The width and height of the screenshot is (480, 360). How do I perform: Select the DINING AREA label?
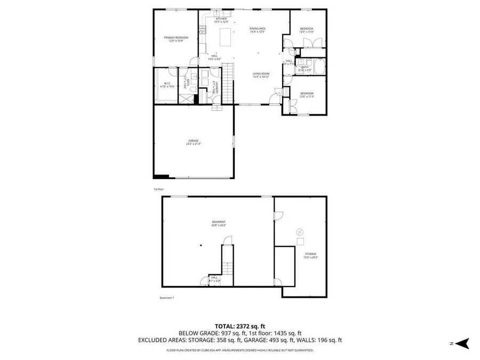pyautogui.click(x=258, y=30)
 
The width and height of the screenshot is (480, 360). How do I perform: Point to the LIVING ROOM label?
pyautogui.click(x=261, y=75)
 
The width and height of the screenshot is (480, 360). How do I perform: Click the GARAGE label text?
pyautogui.click(x=193, y=142)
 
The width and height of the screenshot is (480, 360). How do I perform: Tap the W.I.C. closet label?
pyautogui.click(x=167, y=85)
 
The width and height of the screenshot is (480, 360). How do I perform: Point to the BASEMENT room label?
pyautogui.click(x=219, y=223)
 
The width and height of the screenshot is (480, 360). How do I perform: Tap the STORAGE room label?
pyautogui.click(x=310, y=255)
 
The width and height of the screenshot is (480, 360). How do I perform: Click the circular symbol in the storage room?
pyautogui.click(x=299, y=232)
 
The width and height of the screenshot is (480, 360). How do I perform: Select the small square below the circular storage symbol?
pyautogui.click(x=299, y=241)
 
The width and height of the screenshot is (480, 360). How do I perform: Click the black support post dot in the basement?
pyautogui.click(x=201, y=246)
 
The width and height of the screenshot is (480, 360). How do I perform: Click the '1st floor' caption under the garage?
pyautogui.click(x=158, y=189)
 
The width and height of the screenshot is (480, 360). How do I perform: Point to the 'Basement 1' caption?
pyautogui.click(x=166, y=298)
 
